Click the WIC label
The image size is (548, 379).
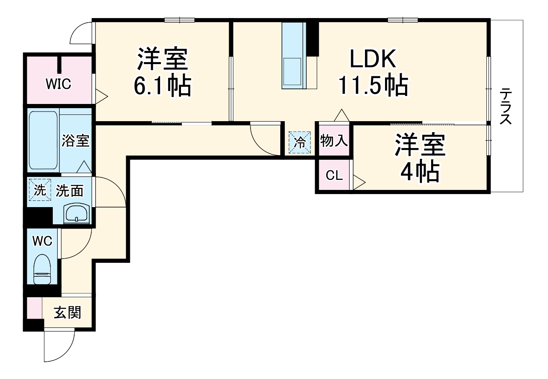(x=58, y=84)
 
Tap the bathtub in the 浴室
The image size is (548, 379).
(x=43, y=140)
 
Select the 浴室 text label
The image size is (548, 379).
(x=75, y=140)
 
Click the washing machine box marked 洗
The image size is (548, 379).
(x=39, y=190)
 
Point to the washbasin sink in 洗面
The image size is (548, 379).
(x=77, y=214)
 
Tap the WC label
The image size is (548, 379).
(x=42, y=241)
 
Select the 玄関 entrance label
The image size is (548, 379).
(x=67, y=312)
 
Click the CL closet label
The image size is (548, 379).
(x=334, y=175)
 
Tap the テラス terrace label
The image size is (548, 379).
(x=506, y=106)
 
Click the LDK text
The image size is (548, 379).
(x=373, y=60)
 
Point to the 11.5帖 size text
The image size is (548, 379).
(x=373, y=86)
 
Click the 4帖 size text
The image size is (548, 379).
(x=420, y=171)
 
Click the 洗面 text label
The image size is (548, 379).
(x=70, y=191)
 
